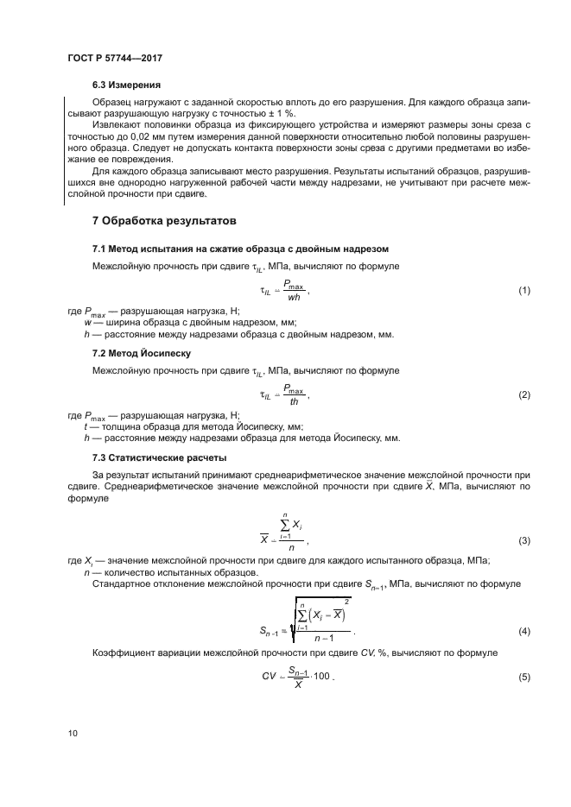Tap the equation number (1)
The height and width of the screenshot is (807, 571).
[523, 291]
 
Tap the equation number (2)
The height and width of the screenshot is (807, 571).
[523, 395]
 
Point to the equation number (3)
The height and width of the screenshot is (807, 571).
[523, 541]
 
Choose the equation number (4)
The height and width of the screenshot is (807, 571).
[523, 633]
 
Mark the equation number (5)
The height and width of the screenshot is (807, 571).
[523, 677]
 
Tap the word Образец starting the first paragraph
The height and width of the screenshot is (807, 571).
[112, 102]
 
